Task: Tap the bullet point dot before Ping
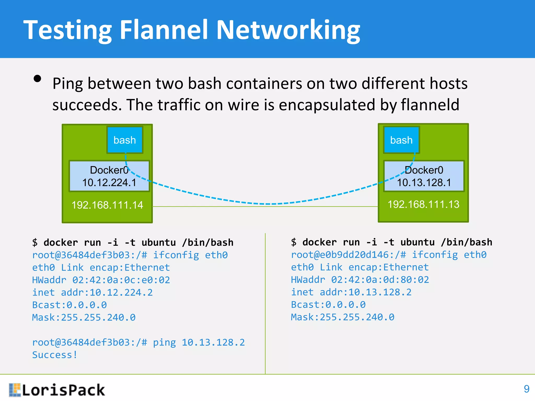(x=38, y=79)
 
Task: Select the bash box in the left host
(x=125, y=140)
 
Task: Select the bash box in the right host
(x=401, y=140)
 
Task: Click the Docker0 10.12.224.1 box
(x=109, y=176)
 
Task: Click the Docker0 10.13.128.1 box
(x=424, y=176)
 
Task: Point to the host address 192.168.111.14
(x=107, y=205)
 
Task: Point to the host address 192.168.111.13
(x=423, y=204)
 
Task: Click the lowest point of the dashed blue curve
(x=268, y=204)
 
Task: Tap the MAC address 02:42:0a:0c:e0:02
(x=121, y=280)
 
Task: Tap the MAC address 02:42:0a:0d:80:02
(x=380, y=280)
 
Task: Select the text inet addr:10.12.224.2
(x=92, y=293)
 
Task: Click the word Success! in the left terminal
(x=55, y=355)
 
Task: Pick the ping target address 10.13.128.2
(x=213, y=343)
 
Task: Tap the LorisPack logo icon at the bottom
(x=15, y=390)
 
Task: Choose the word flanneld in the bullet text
(x=430, y=105)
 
